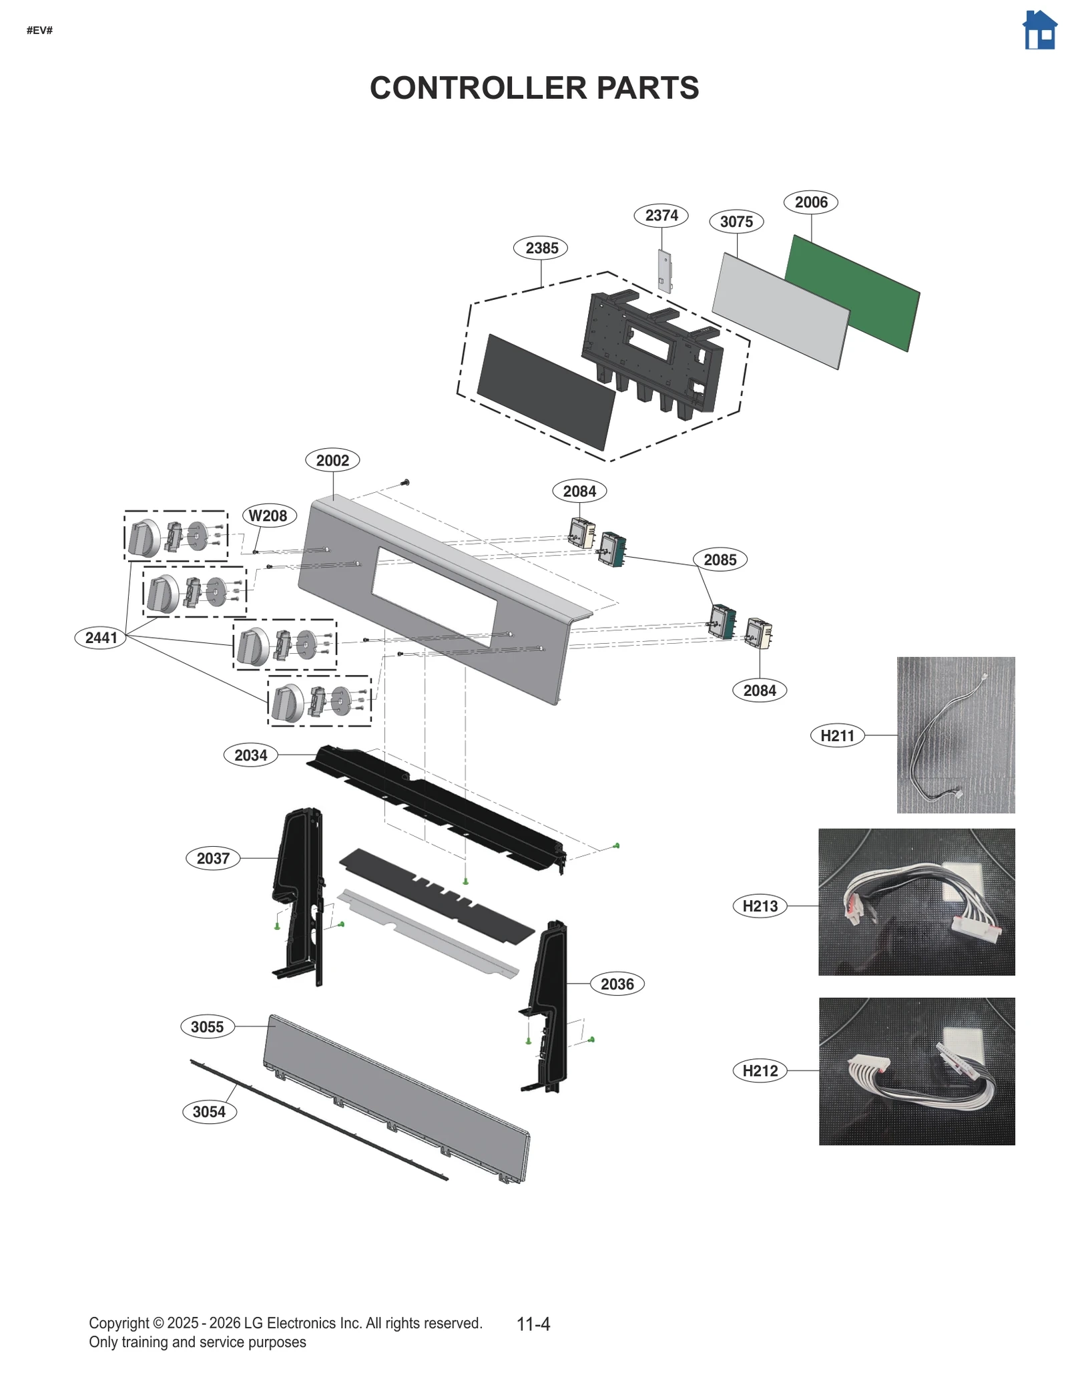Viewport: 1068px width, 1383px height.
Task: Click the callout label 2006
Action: [x=810, y=202]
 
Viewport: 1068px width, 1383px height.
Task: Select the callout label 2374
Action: [x=661, y=216]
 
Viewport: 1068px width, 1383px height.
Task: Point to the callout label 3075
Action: [x=736, y=222]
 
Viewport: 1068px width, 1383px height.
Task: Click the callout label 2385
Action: [x=541, y=248]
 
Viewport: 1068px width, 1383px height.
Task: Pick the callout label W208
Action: [x=268, y=516]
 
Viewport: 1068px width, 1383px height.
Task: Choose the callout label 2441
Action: [x=101, y=638]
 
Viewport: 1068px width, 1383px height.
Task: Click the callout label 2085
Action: [x=720, y=560]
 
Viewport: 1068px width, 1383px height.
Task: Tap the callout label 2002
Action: [x=332, y=460]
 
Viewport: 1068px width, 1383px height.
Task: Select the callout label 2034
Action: [x=250, y=755]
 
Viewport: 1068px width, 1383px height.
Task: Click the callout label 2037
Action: [x=213, y=858]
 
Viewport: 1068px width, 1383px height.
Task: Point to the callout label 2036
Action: [x=617, y=984]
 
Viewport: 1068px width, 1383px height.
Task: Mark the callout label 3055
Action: [x=207, y=1026]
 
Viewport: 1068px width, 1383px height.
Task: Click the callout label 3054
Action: [x=209, y=1112]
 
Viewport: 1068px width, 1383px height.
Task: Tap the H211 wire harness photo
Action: [x=955, y=735]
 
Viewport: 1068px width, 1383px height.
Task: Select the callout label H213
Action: [x=760, y=906]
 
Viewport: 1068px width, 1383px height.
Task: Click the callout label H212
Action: [x=760, y=1070]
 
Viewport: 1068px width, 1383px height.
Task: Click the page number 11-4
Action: [x=533, y=1324]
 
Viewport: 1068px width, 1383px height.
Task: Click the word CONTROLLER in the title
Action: [x=479, y=88]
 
